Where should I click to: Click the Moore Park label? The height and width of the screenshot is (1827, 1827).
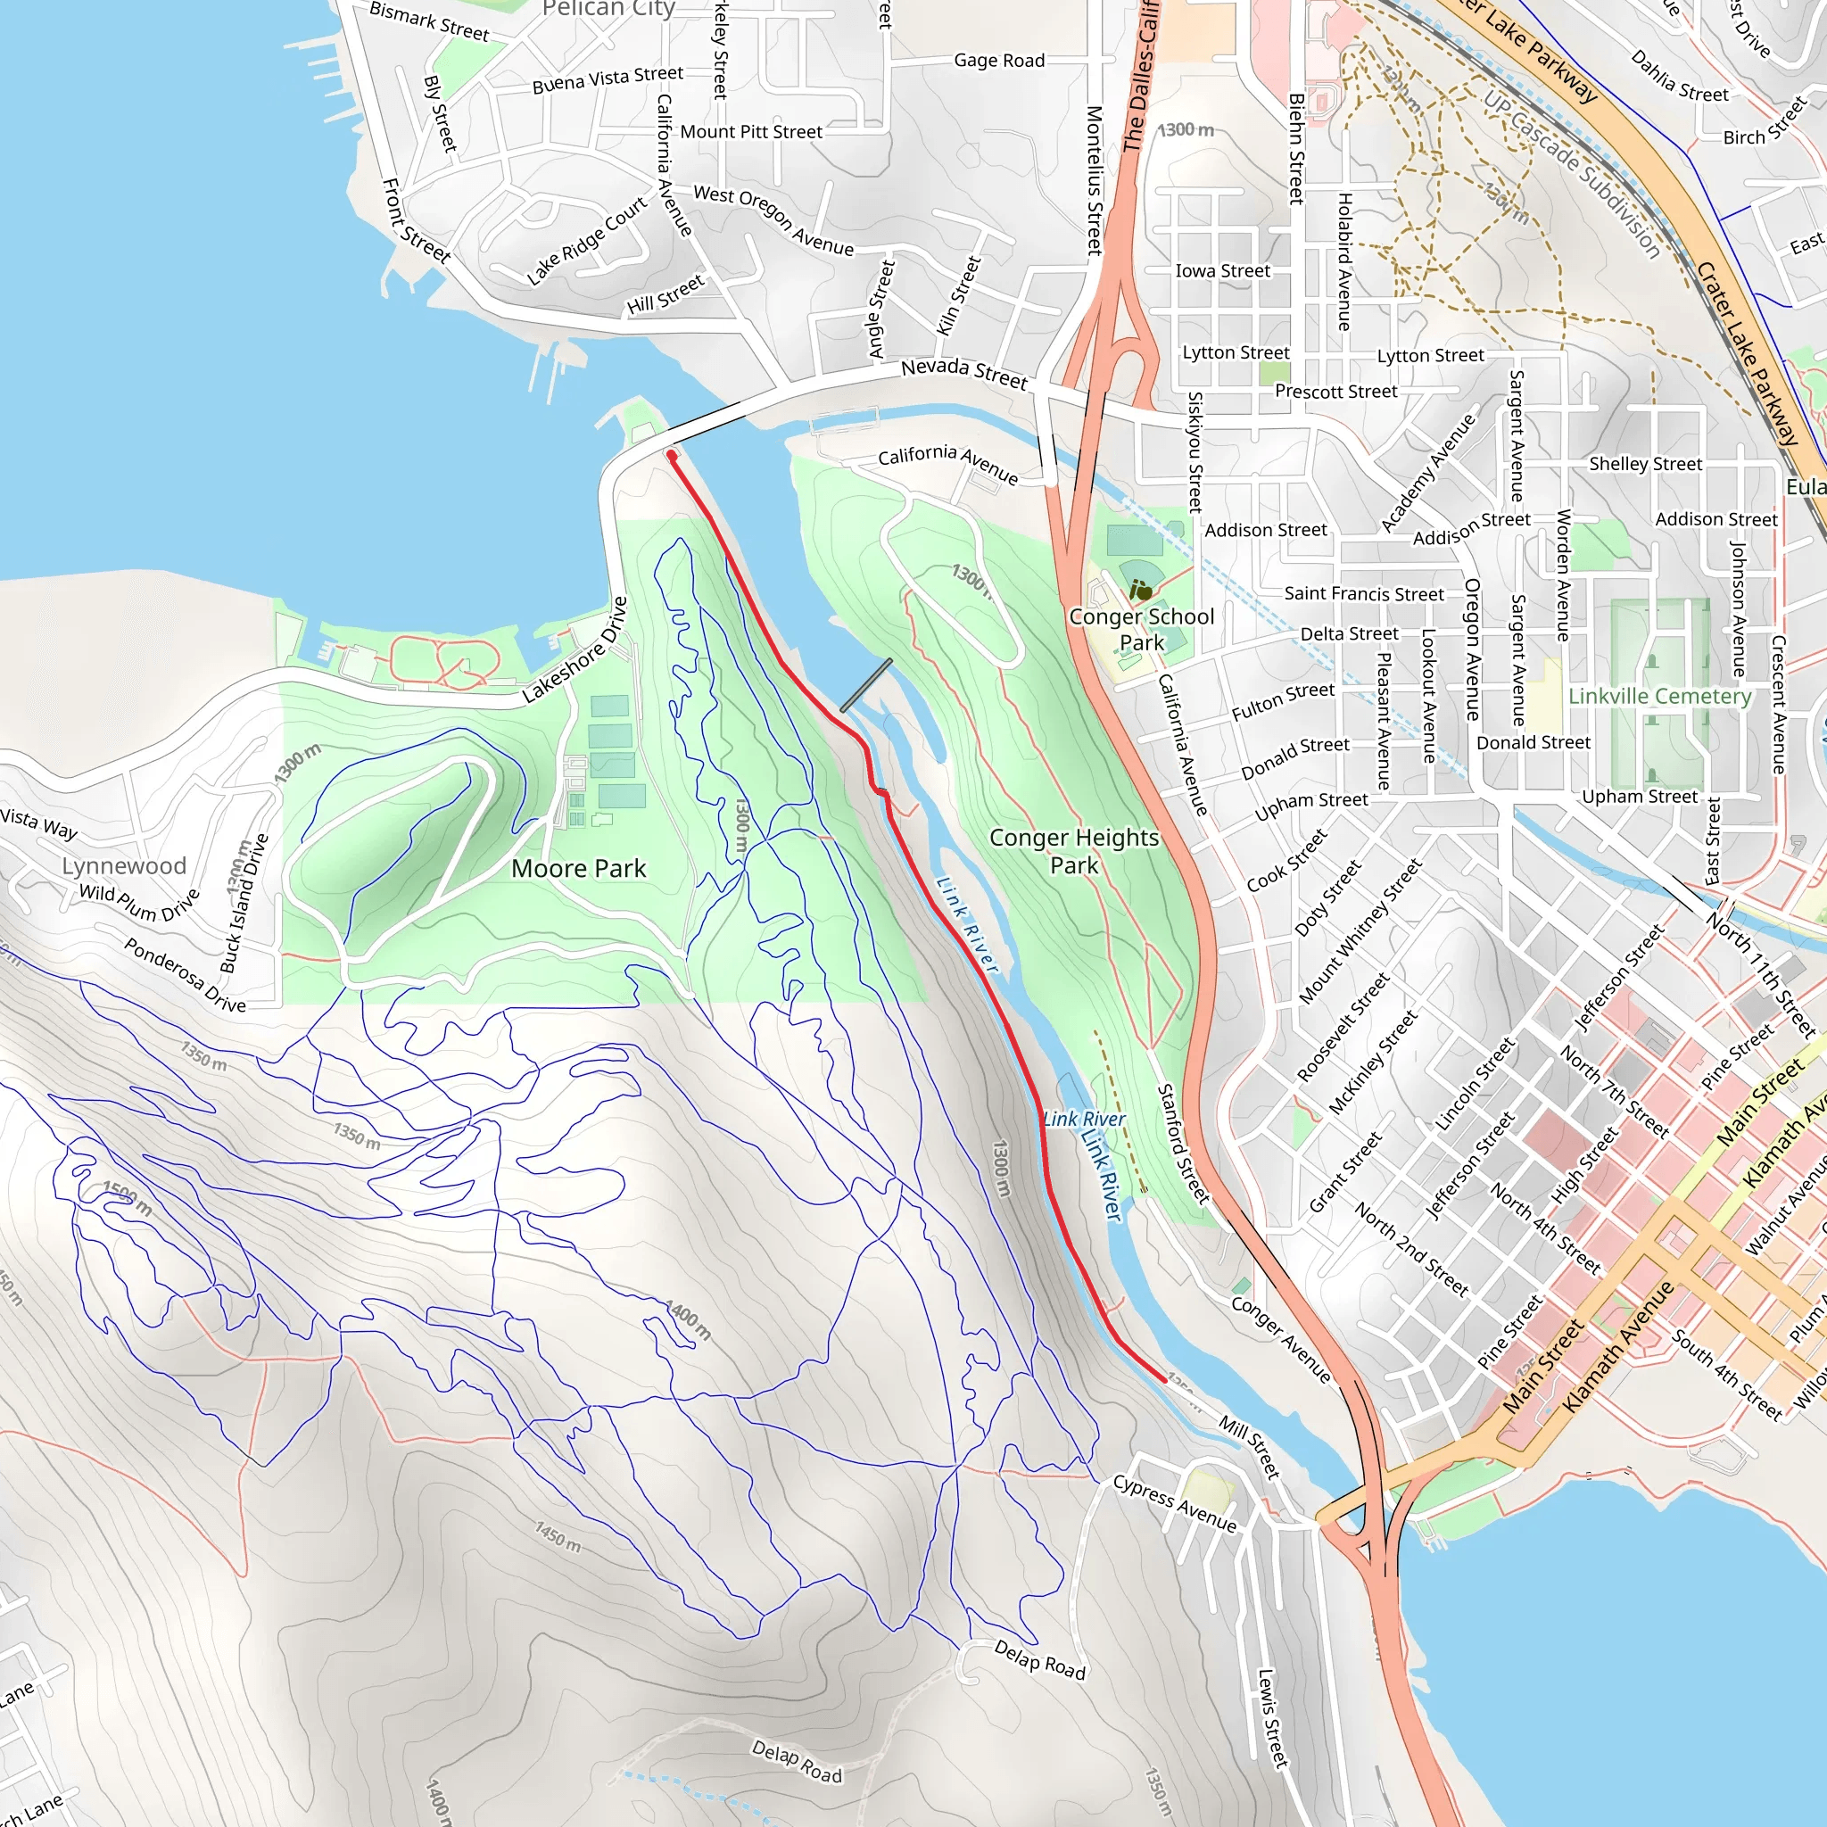tap(579, 868)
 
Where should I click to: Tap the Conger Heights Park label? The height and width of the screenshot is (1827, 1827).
tap(1074, 851)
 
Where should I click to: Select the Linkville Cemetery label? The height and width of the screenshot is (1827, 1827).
tap(1659, 696)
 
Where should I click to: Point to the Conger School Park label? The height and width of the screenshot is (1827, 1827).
tap(1141, 629)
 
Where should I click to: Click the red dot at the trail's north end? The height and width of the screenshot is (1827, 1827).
tap(672, 455)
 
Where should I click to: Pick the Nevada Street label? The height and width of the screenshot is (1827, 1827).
tap(963, 373)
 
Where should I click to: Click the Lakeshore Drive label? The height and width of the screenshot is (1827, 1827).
tap(575, 649)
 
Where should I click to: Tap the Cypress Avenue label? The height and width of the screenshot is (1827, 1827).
tap(1175, 1502)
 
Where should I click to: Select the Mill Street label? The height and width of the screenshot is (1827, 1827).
tap(1249, 1446)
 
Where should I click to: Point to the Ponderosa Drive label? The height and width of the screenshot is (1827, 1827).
tap(186, 975)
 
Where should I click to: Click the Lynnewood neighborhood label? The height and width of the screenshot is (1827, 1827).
tap(124, 865)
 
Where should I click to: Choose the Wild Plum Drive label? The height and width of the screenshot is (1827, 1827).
tap(139, 902)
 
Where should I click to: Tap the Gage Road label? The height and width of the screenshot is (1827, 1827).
tap(998, 61)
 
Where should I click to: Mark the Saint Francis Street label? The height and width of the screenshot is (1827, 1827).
tap(1364, 594)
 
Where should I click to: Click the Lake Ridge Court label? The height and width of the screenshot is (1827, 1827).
tap(587, 240)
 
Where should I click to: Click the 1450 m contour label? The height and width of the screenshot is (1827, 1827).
tap(558, 1537)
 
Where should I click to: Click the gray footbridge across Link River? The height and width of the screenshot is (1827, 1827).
tap(865, 686)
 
